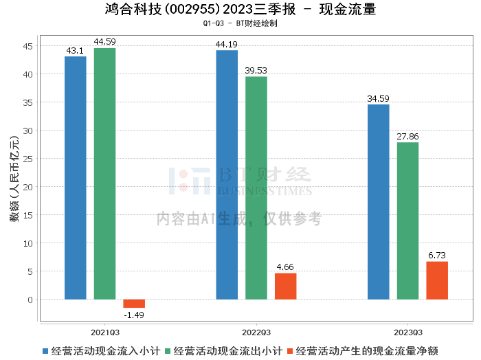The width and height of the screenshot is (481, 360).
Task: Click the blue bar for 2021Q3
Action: [76, 178]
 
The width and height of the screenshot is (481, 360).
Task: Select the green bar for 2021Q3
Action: [104, 174]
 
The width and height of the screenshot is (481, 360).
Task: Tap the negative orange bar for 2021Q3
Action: [134, 304]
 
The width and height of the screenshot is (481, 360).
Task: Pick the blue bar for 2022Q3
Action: [227, 175]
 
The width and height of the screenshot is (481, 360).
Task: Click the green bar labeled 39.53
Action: [256, 188]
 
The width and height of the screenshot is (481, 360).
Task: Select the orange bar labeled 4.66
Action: [286, 286]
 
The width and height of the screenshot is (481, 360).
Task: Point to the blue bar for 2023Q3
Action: [379, 202]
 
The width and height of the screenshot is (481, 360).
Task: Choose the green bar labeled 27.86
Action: [407, 221]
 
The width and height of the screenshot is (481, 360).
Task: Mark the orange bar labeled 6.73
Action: [437, 280]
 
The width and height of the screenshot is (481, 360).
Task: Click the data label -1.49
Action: [134, 315]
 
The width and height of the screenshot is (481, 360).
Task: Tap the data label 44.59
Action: [104, 42]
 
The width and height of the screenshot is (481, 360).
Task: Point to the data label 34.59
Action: [378, 99]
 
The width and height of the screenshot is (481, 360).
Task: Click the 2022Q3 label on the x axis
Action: [256, 333]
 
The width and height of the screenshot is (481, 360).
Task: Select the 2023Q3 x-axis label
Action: [408, 333]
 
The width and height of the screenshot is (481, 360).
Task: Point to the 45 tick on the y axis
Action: [27, 46]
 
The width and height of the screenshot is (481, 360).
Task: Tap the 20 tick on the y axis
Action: [27, 187]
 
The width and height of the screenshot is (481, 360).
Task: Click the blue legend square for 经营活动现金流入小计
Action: [45, 351]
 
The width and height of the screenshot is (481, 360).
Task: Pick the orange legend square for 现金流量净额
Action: [290, 351]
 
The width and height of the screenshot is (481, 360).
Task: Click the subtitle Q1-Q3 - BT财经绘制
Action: [240, 23]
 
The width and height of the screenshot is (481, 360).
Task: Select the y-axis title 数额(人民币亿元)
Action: [14, 179]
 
